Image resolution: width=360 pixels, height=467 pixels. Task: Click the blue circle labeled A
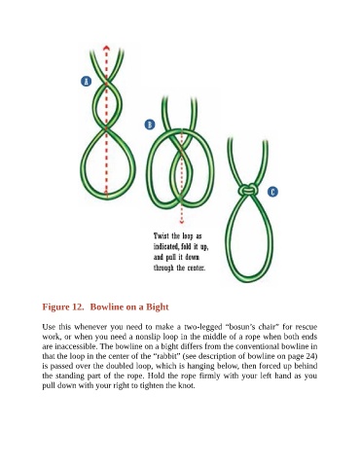tap(86, 81)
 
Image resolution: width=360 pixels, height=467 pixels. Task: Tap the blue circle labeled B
tap(150, 125)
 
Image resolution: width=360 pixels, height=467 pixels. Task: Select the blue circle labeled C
tap(272, 192)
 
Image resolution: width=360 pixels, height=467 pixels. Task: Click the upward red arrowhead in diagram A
tap(106, 49)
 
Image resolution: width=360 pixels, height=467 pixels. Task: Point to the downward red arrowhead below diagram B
tap(182, 222)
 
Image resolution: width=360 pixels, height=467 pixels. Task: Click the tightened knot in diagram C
tap(248, 190)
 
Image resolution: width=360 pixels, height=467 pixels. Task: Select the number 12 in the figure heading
tap(77, 306)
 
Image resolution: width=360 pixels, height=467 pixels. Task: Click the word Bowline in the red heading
tap(106, 306)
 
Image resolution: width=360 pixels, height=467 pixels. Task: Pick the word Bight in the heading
tap(158, 307)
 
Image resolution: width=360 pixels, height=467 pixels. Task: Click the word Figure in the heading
tap(54, 307)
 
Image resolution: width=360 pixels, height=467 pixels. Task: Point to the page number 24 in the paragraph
tap(310, 356)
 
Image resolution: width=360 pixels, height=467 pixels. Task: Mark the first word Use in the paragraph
tap(49, 327)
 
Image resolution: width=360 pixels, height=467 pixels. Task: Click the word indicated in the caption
tap(166, 247)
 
